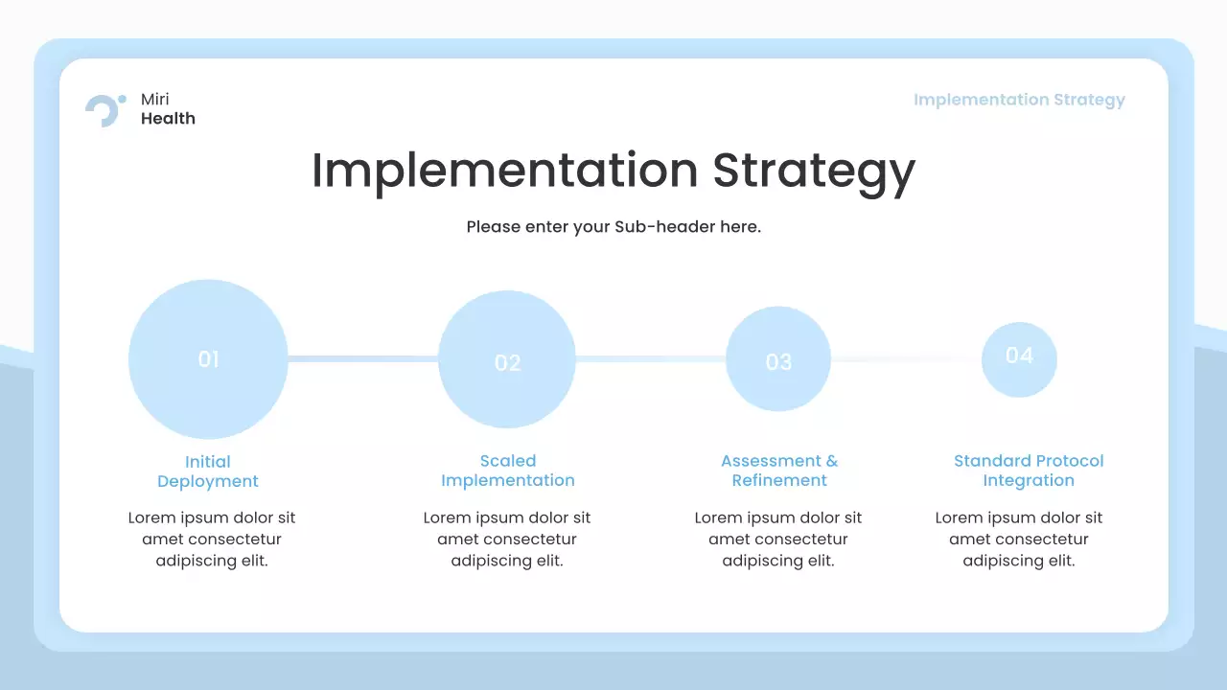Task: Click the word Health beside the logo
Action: [168, 119]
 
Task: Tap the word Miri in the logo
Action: [155, 100]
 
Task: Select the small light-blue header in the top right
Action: [1019, 100]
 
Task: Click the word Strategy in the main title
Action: [813, 172]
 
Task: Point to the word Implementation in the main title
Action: [504, 171]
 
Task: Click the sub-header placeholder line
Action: [613, 227]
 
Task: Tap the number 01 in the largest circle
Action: [208, 359]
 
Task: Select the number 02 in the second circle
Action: [507, 363]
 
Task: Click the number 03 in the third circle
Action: [778, 362]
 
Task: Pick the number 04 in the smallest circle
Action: [1019, 356]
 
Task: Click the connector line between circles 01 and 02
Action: [362, 359]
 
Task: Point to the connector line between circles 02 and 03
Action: [650, 359]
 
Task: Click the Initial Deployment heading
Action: [208, 471]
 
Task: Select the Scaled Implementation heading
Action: [507, 471]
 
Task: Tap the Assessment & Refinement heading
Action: [778, 471]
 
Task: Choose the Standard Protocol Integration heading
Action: [1029, 471]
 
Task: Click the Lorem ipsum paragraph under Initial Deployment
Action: [212, 540]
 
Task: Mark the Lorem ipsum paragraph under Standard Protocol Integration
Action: [1019, 540]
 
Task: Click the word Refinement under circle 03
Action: [778, 481]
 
